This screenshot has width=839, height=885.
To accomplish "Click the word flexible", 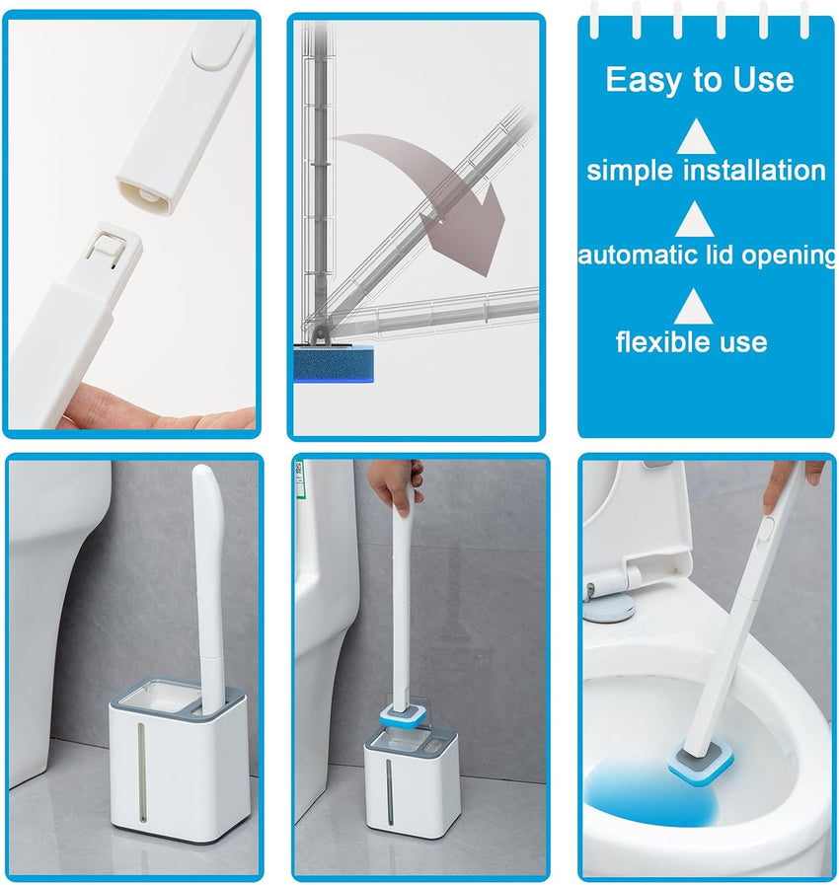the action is (x=655, y=341).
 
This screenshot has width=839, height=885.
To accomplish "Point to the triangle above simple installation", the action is (x=696, y=137).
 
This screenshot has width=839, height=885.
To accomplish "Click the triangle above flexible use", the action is (x=693, y=308).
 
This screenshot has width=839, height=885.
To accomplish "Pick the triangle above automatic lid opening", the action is (x=694, y=220).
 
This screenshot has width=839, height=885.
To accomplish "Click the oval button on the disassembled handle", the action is (x=217, y=46).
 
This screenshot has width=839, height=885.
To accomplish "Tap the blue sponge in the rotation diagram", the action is (x=334, y=363).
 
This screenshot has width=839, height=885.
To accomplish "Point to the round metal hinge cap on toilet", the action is (x=610, y=609).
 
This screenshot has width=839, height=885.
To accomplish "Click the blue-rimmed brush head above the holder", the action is (x=402, y=715).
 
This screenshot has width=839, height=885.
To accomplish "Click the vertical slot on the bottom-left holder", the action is (x=142, y=773).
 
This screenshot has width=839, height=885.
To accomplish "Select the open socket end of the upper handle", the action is (x=145, y=196).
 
